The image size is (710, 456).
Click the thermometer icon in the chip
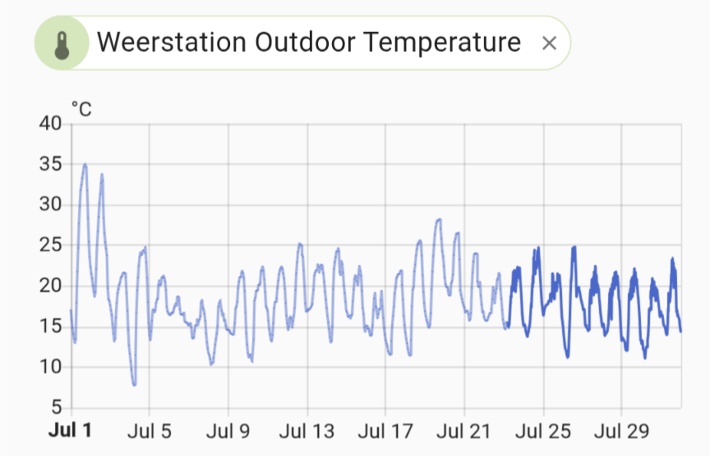click(x=62, y=43)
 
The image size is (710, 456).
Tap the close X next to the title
click(x=550, y=44)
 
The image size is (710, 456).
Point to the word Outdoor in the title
click(x=302, y=43)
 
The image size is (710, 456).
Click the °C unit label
click(x=81, y=108)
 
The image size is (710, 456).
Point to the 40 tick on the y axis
click(x=51, y=124)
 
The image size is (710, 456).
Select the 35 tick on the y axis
click(x=51, y=164)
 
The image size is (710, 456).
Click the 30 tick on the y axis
click(x=51, y=205)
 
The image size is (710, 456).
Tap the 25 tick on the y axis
click(x=51, y=245)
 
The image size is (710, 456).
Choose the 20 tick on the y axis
click(x=51, y=286)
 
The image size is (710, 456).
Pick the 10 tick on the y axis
click(x=51, y=366)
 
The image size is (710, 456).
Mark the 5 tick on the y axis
click(x=56, y=408)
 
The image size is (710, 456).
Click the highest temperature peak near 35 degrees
click(x=85, y=164)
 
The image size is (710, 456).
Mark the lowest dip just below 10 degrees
click(x=134, y=384)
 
